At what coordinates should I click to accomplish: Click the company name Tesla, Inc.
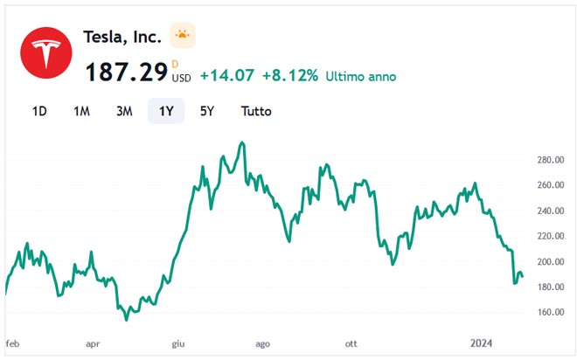coord(122,37)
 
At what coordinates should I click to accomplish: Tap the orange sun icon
coord(182,36)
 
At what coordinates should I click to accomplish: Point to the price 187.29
coord(126,73)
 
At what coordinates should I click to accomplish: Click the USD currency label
coord(181,78)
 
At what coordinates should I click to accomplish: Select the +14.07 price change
coord(226,76)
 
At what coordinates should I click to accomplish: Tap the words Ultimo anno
coord(360,76)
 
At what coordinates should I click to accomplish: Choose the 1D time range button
coord(39,111)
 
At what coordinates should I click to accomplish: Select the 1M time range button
coord(81,111)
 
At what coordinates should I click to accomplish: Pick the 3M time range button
coord(124,111)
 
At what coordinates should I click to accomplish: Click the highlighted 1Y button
coord(166,111)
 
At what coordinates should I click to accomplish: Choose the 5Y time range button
coord(207,111)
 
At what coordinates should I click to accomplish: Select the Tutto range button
coord(256,111)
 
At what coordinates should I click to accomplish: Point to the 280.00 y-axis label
coord(552,160)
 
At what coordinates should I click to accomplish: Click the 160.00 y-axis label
coord(552,312)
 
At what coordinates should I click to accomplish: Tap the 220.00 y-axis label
coord(552,236)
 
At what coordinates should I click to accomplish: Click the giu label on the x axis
coord(179,344)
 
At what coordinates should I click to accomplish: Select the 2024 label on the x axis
coord(483,344)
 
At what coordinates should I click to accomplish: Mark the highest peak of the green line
coord(242,142)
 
